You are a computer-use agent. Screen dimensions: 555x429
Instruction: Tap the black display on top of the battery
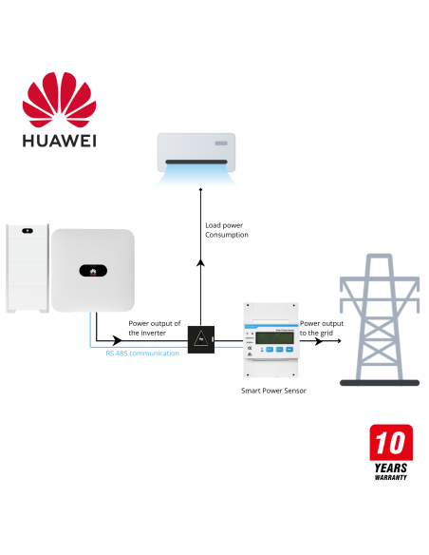coord(27,231)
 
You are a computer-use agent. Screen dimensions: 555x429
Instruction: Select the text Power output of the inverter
coord(155,328)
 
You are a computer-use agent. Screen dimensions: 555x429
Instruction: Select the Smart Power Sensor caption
coord(273,391)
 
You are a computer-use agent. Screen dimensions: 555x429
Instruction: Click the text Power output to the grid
coord(322,328)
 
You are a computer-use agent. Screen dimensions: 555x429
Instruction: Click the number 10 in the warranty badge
coord(390,444)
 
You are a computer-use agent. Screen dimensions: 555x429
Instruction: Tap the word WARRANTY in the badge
coord(390,477)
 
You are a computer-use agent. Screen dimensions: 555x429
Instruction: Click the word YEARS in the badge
coord(391,468)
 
